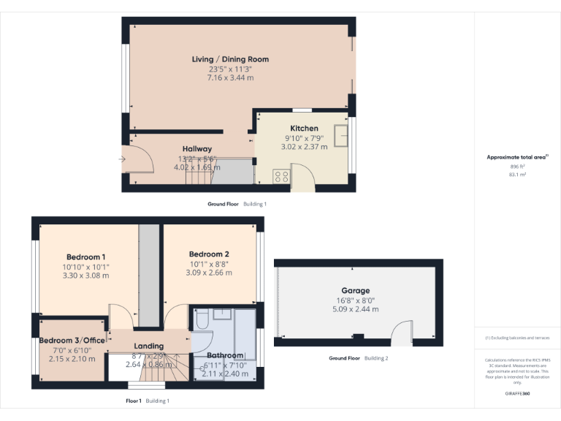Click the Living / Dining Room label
(x=230, y=59)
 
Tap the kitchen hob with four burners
(x=281, y=175)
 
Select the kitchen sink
(x=340, y=136)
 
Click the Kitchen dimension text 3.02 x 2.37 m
(x=304, y=146)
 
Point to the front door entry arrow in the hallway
(x=123, y=159)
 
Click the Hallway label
(x=197, y=149)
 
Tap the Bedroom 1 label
(x=86, y=257)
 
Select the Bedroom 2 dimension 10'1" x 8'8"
(x=209, y=264)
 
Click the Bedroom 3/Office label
(x=72, y=341)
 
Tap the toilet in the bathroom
(x=202, y=319)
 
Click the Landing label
(x=149, y=346)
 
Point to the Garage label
(x=356, y=290)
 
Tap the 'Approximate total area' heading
(x=517, y=157)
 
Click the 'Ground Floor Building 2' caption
(x=358, y=358)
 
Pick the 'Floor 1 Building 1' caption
(x=148, y=401)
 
